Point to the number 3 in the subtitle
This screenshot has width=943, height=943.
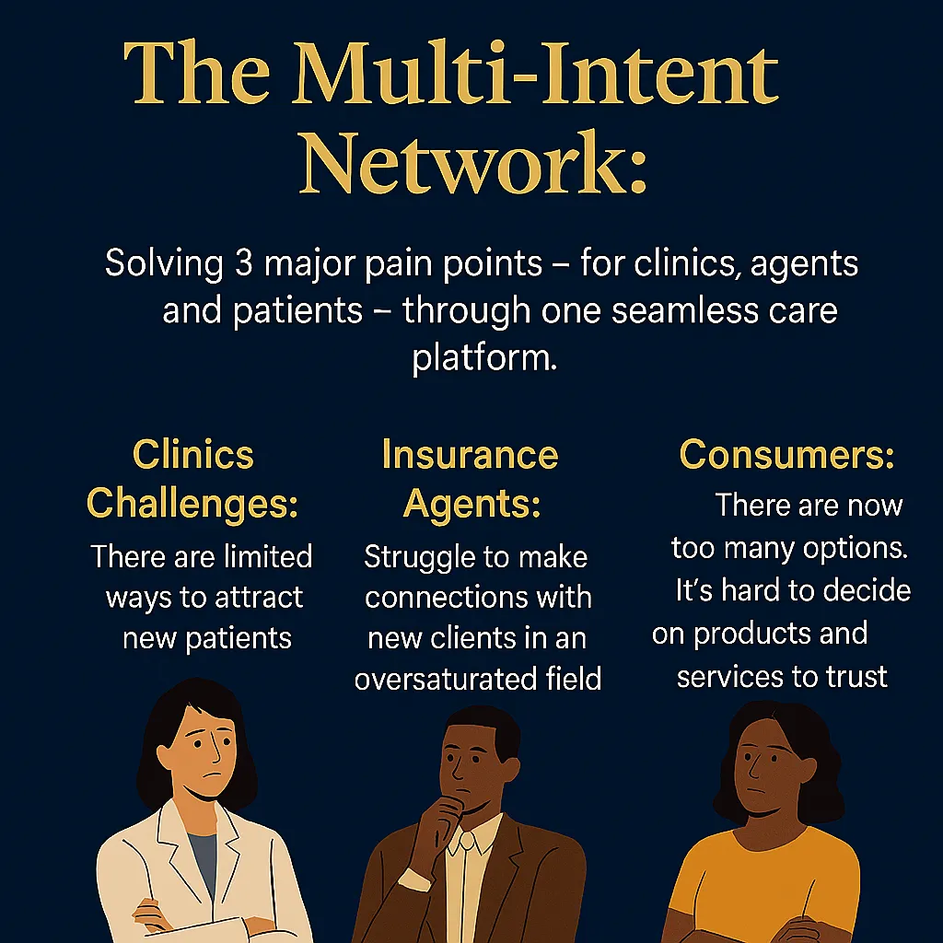(243, 262)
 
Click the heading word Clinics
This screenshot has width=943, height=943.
(193, 454)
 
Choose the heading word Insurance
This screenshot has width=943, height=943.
(471, 455)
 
